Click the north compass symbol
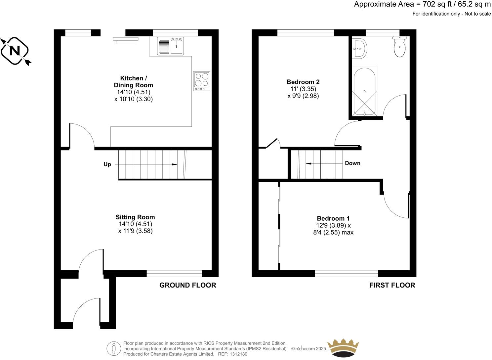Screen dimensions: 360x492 (x=15, y=51)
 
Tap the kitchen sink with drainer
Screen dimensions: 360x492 (x=170, y=46)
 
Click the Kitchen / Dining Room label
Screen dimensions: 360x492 (x=132, y=81)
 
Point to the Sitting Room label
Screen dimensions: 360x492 (x=135, y=217)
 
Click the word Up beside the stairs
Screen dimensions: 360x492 (x=107, y=164)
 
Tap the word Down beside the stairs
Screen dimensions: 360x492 (x=352, y=163)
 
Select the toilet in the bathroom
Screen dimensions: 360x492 (x=400, y=48)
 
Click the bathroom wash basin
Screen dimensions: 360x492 (x=359, y=49)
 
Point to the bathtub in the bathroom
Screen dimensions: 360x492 (x=364, y=91)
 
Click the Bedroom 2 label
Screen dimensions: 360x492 (x=303, y=82)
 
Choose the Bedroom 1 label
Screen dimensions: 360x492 (x=333, y=218)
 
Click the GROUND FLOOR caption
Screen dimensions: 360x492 (x=187, y=285)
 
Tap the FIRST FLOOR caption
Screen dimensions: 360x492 (x=392, y=285)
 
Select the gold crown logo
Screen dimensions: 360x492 (x=343, y=347)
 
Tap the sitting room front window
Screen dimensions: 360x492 (x=174, y=273)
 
